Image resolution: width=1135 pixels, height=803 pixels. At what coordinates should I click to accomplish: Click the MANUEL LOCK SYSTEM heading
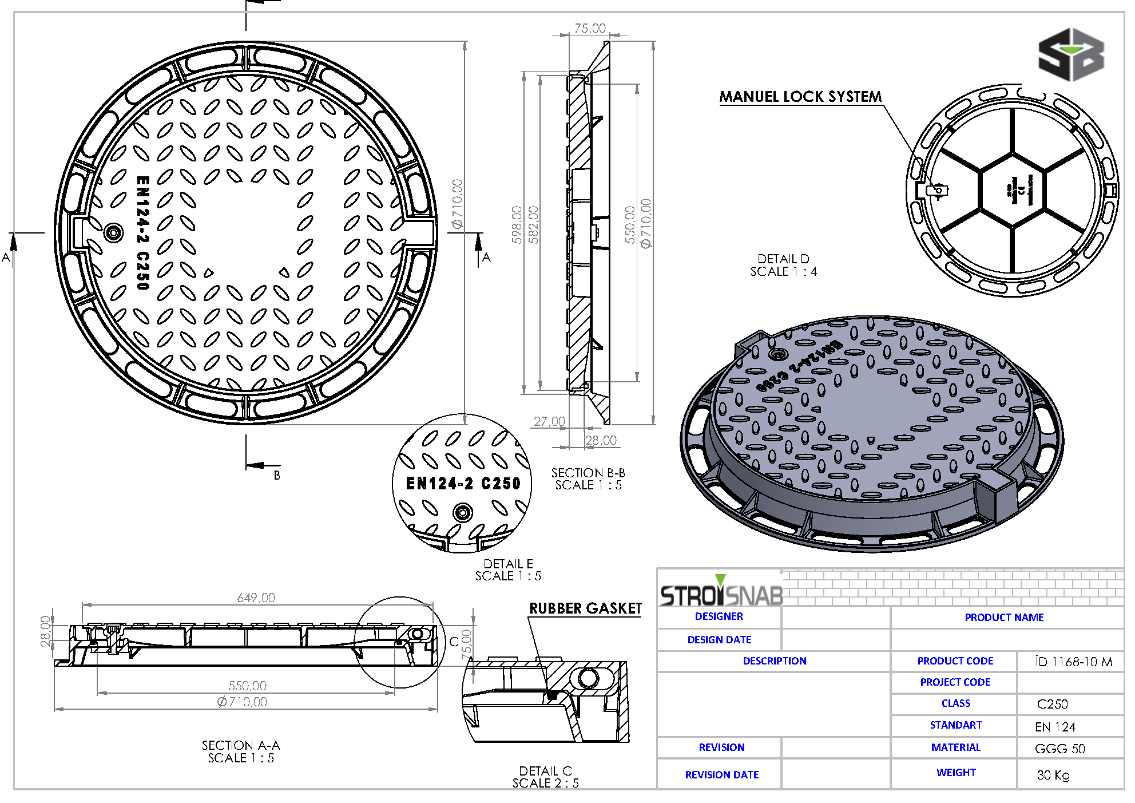(x=800, y=96)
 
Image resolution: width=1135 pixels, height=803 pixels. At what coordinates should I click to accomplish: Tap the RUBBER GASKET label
(x=585, y=608)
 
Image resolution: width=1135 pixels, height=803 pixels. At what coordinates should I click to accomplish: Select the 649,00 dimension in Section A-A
(x=256, y=598)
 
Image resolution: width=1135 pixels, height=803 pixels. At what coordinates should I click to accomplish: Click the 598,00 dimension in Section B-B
(x=517, y=225)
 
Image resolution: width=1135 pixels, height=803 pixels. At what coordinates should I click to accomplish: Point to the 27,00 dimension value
(x=549, y=421)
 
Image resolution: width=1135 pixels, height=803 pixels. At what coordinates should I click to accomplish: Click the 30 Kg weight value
(x=1053, y=775)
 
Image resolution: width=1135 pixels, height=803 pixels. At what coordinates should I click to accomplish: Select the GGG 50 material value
(x=1059, y=749)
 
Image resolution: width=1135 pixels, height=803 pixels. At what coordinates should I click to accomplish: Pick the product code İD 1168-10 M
(x=1073, y=662)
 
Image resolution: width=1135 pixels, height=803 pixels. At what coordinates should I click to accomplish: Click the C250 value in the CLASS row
(x=1052, y=704)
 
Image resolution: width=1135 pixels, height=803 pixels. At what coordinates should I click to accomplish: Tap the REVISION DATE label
(x=721, y=774)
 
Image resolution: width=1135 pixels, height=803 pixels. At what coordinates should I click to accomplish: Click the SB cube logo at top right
(x=1070, y=55)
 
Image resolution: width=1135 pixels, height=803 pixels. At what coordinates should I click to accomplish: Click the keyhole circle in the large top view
(x=113, y=232)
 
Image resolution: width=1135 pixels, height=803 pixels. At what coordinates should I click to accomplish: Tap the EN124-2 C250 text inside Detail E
(x=463, y=484)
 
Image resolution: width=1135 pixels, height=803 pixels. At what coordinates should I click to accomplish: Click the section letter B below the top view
(x=277, y=475)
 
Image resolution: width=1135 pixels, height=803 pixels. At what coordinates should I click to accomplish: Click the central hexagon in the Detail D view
(x=1013, y=191)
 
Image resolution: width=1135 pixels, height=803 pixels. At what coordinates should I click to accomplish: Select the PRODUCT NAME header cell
(x=1004, y=617)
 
